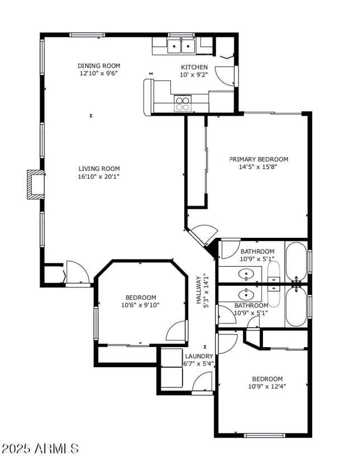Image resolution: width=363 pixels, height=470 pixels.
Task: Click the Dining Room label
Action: (99, 66)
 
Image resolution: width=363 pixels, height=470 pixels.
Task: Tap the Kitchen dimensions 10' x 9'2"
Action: (193, 75)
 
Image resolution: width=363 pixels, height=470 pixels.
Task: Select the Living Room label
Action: (99, 169)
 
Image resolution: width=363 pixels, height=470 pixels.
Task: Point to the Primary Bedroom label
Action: (259, 159)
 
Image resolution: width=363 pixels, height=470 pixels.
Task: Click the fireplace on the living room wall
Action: (35, 184)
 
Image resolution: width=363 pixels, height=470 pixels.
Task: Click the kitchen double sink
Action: (181, 45)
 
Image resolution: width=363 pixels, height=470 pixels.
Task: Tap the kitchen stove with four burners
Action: (182, 103)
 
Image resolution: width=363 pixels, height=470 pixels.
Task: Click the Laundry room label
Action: (199, 356)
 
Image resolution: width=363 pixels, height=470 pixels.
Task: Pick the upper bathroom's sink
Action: (246, 274)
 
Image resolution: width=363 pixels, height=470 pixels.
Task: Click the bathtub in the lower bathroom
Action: (296, 306)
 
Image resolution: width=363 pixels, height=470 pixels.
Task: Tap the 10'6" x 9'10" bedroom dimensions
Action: (140, 305)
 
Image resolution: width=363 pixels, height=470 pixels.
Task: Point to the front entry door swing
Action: (77, 272)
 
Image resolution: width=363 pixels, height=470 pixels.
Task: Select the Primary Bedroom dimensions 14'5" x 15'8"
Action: (259, 166)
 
